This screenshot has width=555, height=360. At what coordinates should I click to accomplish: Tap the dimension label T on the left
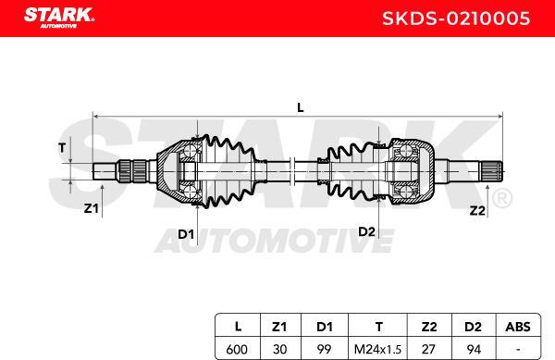(63, 147)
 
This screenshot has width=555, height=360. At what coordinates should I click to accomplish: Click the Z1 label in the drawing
(91, 208)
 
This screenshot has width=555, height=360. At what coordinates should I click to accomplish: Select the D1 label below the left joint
(186, 234)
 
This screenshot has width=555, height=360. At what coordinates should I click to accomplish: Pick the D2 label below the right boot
(366, 230)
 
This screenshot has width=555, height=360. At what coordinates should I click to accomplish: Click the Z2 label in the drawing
(476, 210)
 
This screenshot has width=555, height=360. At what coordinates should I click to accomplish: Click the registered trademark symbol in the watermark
(499, 198)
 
